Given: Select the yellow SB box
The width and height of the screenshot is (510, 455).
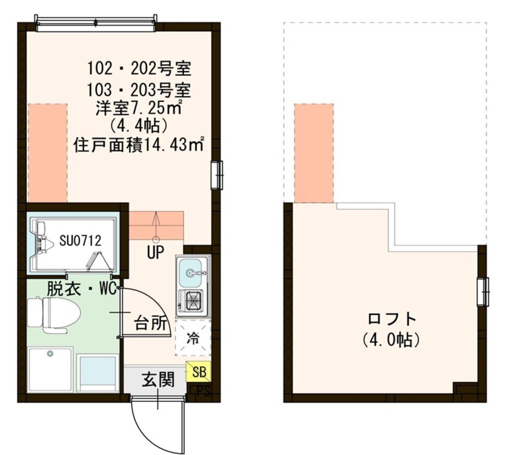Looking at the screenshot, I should (199, 372).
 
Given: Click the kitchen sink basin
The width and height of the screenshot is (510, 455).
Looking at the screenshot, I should (193, 272).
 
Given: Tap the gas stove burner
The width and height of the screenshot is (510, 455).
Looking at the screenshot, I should (194, 300).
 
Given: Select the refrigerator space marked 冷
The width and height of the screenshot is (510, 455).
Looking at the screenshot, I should (193, 338).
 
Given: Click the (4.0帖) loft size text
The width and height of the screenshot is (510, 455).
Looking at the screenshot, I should (391, 340).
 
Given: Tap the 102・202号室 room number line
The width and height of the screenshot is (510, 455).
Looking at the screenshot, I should (139, 68).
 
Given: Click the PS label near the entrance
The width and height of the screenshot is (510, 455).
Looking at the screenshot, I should (203, 391).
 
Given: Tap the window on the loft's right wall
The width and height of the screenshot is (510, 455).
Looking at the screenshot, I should (483, 291).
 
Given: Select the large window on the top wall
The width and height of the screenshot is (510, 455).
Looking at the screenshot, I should (96, 21).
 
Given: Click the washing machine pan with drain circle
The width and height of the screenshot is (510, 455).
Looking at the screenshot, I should (50, 368).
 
